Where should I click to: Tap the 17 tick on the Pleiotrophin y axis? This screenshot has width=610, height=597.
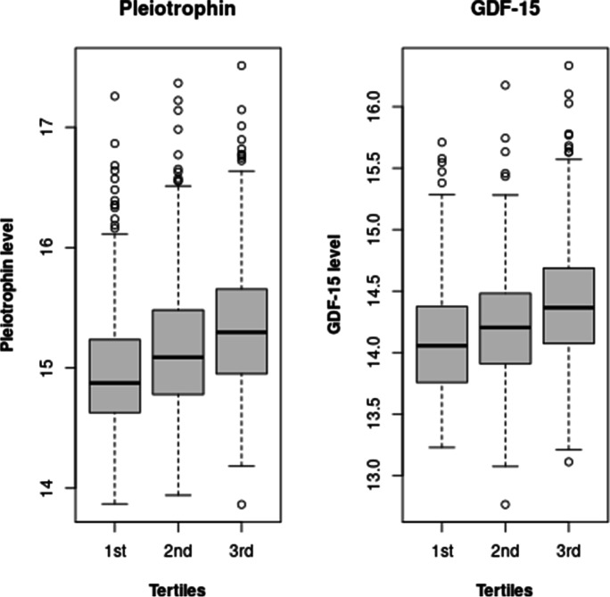[40, 127]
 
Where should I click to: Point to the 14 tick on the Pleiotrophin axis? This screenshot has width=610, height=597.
[40, 488]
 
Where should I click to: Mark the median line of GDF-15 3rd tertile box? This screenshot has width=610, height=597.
[570, 308]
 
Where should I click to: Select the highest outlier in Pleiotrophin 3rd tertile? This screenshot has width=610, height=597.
[242, 65]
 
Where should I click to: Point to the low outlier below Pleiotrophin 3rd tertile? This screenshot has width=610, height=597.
[242, 505]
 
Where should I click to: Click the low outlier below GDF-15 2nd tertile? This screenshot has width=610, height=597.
[504, 505]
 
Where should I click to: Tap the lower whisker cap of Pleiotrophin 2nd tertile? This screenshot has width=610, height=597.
[178, 494]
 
